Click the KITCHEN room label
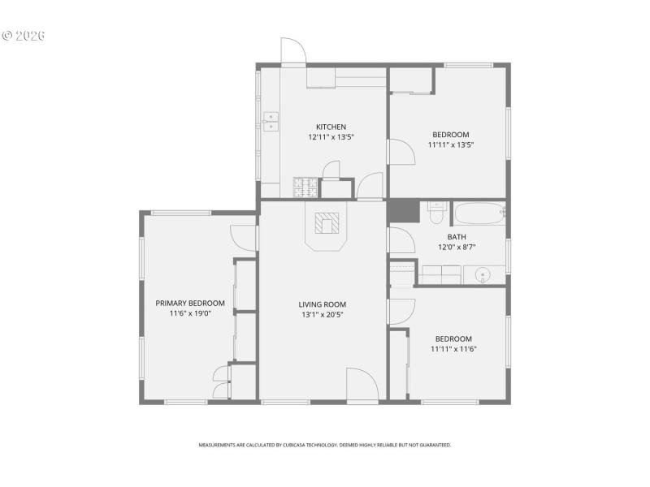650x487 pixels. click(331, 127)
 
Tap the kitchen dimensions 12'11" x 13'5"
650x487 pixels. click(331, 137)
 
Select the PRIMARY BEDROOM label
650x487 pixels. click(190, 303)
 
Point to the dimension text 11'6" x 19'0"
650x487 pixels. click(190, 313)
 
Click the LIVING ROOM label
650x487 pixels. click(323, 304)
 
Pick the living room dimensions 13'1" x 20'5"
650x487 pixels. click(323, 315)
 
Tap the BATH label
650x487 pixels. click(456, 237)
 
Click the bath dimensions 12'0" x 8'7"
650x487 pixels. click(456, 248)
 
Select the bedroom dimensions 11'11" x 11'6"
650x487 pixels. click(453, 349)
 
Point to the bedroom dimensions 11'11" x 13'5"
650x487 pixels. click(450, 145)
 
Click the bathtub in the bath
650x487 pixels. click(479, 214)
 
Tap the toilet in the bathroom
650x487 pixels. click(436, 213)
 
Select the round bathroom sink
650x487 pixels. click(483, 274)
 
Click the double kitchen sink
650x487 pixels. click(271, 122)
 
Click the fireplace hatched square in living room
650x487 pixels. click(327, 222)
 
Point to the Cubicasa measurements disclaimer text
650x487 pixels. click(325, 445)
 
